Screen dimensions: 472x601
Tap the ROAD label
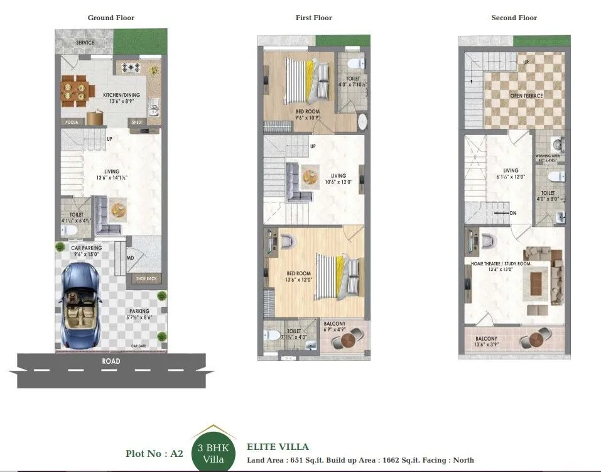click(x=111, y=361)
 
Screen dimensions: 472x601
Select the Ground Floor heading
click(x=111, y=18)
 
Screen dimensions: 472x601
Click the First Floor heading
click(x=313, y=18)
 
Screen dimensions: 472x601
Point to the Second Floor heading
click(x=514, y=18)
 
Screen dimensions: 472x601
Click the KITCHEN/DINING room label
click(x=121, y=95)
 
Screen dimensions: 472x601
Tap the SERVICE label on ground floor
click(x=85, y=43)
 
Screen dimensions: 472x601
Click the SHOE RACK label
click(x=146, y=278)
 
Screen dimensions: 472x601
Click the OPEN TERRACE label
click(x=526, y=96)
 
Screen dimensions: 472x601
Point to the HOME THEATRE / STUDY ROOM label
click(x=501, y=263)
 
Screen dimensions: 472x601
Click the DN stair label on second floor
click(x=513, y=213)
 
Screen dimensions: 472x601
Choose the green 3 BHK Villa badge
click(x=213, y=452)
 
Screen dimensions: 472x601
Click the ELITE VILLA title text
click(x=278, y=447)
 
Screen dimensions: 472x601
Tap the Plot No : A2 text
click(x=154, y=453)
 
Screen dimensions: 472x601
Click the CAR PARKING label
click(x=86, y=248)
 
